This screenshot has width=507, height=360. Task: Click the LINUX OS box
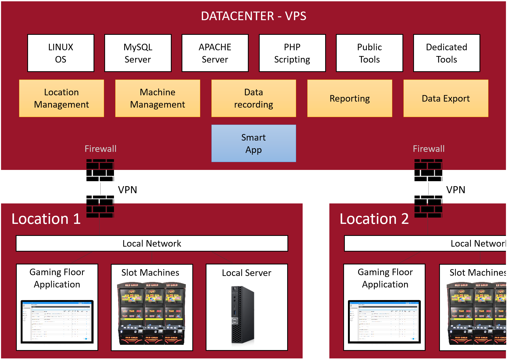coord(61,53)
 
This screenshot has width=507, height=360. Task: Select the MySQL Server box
coord(138,53)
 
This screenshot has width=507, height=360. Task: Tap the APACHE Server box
coord(215,53)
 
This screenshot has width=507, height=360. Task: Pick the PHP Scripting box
coord(292,53)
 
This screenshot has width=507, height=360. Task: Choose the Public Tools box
coord(369,53)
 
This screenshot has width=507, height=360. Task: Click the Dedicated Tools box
coord(446,53)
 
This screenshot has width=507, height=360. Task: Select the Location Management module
coord(62,98)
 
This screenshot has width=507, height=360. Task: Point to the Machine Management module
coord(157,98)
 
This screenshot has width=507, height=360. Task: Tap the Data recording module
coord(254,98)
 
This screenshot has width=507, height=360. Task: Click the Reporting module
coord(350,98)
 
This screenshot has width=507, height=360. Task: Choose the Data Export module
coord(446,98)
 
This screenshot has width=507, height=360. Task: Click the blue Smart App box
coord(254,143)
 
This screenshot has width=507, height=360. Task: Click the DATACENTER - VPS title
coord(253,16)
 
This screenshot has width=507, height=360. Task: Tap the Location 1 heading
coord(46,219)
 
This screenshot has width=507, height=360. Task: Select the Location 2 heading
coord(374,219)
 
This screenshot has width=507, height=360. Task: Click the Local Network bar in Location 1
coord(152,243)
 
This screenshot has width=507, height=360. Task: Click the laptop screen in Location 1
coord(57,322)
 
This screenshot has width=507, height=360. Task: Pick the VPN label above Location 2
coord(456,190)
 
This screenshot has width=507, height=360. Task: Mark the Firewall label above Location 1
coord(100,149)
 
